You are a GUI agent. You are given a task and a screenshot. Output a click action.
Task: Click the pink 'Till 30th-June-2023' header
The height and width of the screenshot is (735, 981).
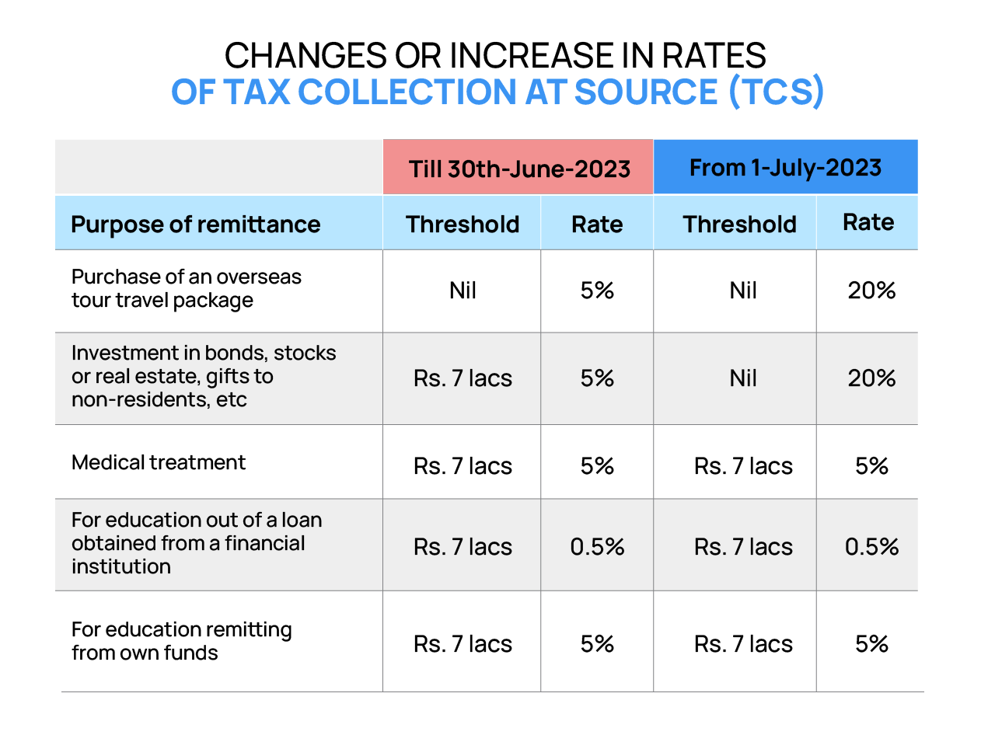tap(518, 168)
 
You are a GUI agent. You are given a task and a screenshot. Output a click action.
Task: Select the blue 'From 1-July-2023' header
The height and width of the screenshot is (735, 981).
tap(785, 168)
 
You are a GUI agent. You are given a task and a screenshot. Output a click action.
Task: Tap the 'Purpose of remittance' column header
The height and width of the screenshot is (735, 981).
tap(195, 225)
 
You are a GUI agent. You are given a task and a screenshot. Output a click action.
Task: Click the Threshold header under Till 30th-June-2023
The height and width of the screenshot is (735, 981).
tap(463, 225)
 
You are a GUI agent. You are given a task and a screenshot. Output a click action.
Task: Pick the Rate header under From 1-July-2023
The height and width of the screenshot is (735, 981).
tap(868, 223)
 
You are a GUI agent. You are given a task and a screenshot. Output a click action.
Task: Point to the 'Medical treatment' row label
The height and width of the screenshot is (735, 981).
tap(159, 462)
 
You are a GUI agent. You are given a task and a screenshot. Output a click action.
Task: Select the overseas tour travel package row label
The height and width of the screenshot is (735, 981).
tap(187, 288)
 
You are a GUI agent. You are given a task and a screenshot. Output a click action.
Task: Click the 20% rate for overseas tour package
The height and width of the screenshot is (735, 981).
tap(871, 291)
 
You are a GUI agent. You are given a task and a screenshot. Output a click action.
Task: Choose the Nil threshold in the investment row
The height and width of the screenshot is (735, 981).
tap(742, 378)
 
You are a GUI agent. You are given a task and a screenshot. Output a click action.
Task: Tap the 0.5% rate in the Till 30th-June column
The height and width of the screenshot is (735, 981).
tap(597, 547)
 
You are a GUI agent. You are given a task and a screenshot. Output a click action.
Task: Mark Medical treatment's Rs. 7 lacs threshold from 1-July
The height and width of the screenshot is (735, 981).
tap(743, 466)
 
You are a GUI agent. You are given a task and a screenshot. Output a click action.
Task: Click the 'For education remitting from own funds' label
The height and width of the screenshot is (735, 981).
tap(181, 640)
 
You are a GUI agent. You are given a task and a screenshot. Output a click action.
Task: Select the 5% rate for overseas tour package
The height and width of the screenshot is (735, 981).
tap(597, 291)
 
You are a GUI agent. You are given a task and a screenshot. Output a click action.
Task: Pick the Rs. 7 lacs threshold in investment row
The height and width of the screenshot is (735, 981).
tap(463, 378)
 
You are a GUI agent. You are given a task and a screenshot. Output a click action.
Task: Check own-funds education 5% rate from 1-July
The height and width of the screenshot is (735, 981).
tap(871, 644)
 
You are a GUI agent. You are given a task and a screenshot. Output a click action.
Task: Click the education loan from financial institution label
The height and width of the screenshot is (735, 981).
tap(196, 543)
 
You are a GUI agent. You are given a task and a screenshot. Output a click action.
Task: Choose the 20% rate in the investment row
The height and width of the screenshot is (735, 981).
tap(871, 378)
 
